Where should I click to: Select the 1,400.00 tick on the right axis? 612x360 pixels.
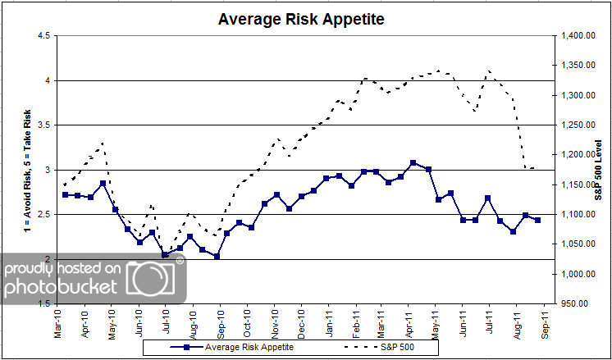coord(579,36)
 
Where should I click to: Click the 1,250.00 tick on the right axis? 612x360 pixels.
coord(579,125)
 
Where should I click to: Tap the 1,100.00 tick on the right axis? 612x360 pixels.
coord(579,214)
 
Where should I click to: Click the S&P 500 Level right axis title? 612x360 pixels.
coord(601,170)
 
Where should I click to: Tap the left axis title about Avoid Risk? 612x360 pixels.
coord(11,170)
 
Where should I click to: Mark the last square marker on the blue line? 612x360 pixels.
coord(537,220)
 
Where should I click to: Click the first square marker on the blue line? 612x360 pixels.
coord(65,195)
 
